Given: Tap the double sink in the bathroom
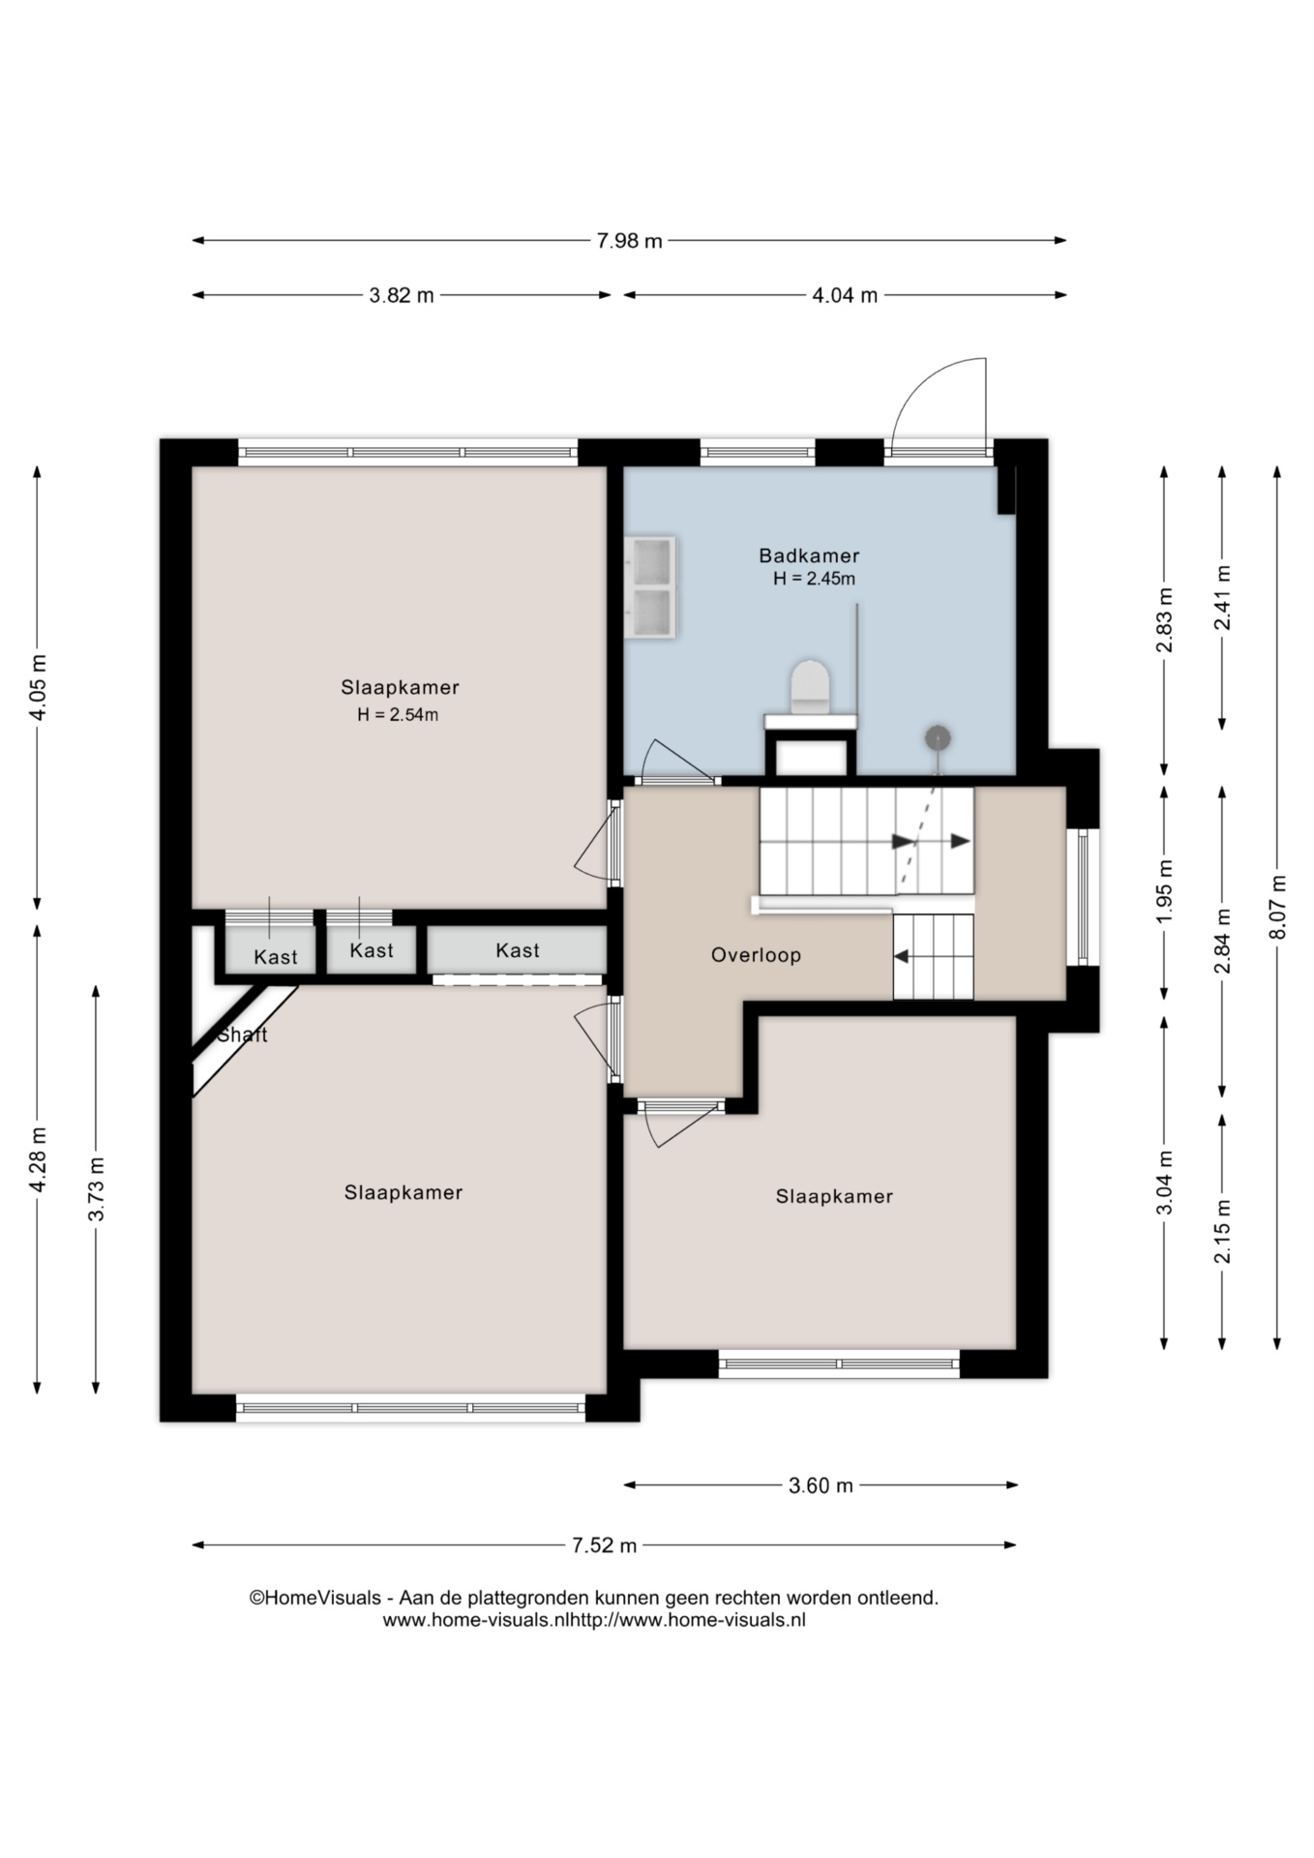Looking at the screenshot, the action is point(651,587).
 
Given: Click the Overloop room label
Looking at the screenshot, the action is point(756,955).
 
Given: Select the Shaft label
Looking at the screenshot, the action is point(242,1034).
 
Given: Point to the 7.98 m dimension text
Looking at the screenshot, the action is point(629,241).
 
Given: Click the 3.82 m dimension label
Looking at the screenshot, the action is point(402,295).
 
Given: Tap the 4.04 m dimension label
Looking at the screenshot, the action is point(844,295).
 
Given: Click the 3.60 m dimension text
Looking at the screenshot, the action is point(821,1484).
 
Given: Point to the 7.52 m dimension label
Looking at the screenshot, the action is point(604,1544).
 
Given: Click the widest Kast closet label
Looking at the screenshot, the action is point(518,950).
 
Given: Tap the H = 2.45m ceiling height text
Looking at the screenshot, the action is point(814,579).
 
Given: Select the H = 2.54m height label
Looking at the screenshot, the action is point(398,715).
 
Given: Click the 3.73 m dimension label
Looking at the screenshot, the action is point(96,1188).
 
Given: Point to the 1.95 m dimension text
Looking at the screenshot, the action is point(1165,891).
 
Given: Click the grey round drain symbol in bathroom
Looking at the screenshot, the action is point(937,738).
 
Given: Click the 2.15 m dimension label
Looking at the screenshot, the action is point(1223,1230).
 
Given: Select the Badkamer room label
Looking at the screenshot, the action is point(809,555).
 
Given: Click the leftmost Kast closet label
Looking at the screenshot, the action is point(276,957).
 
